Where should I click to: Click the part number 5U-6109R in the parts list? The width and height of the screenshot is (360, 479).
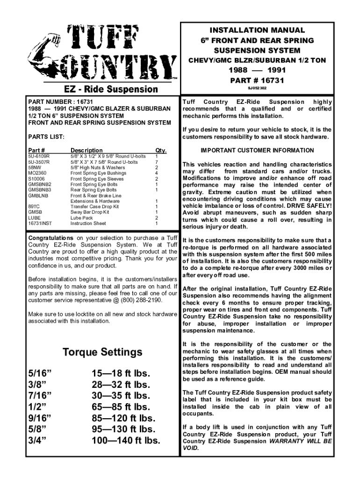pos(39,156)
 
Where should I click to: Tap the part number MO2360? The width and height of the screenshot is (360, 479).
pos(38,173)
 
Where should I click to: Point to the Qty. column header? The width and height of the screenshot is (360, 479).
pos(161,150)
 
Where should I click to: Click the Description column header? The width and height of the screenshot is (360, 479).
pos(86,150)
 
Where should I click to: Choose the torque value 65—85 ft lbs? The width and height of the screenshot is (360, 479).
pos(121,407)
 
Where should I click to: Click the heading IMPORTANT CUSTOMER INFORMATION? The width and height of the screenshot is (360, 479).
pos(257,150)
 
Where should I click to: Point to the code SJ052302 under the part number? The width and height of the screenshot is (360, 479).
pos(257,87)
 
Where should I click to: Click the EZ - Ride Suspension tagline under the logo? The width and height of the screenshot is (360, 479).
pos(108,89)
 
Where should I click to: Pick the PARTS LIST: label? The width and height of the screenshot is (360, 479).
pos(46,138)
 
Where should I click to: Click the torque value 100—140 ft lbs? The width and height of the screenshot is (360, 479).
pos(126,441)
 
